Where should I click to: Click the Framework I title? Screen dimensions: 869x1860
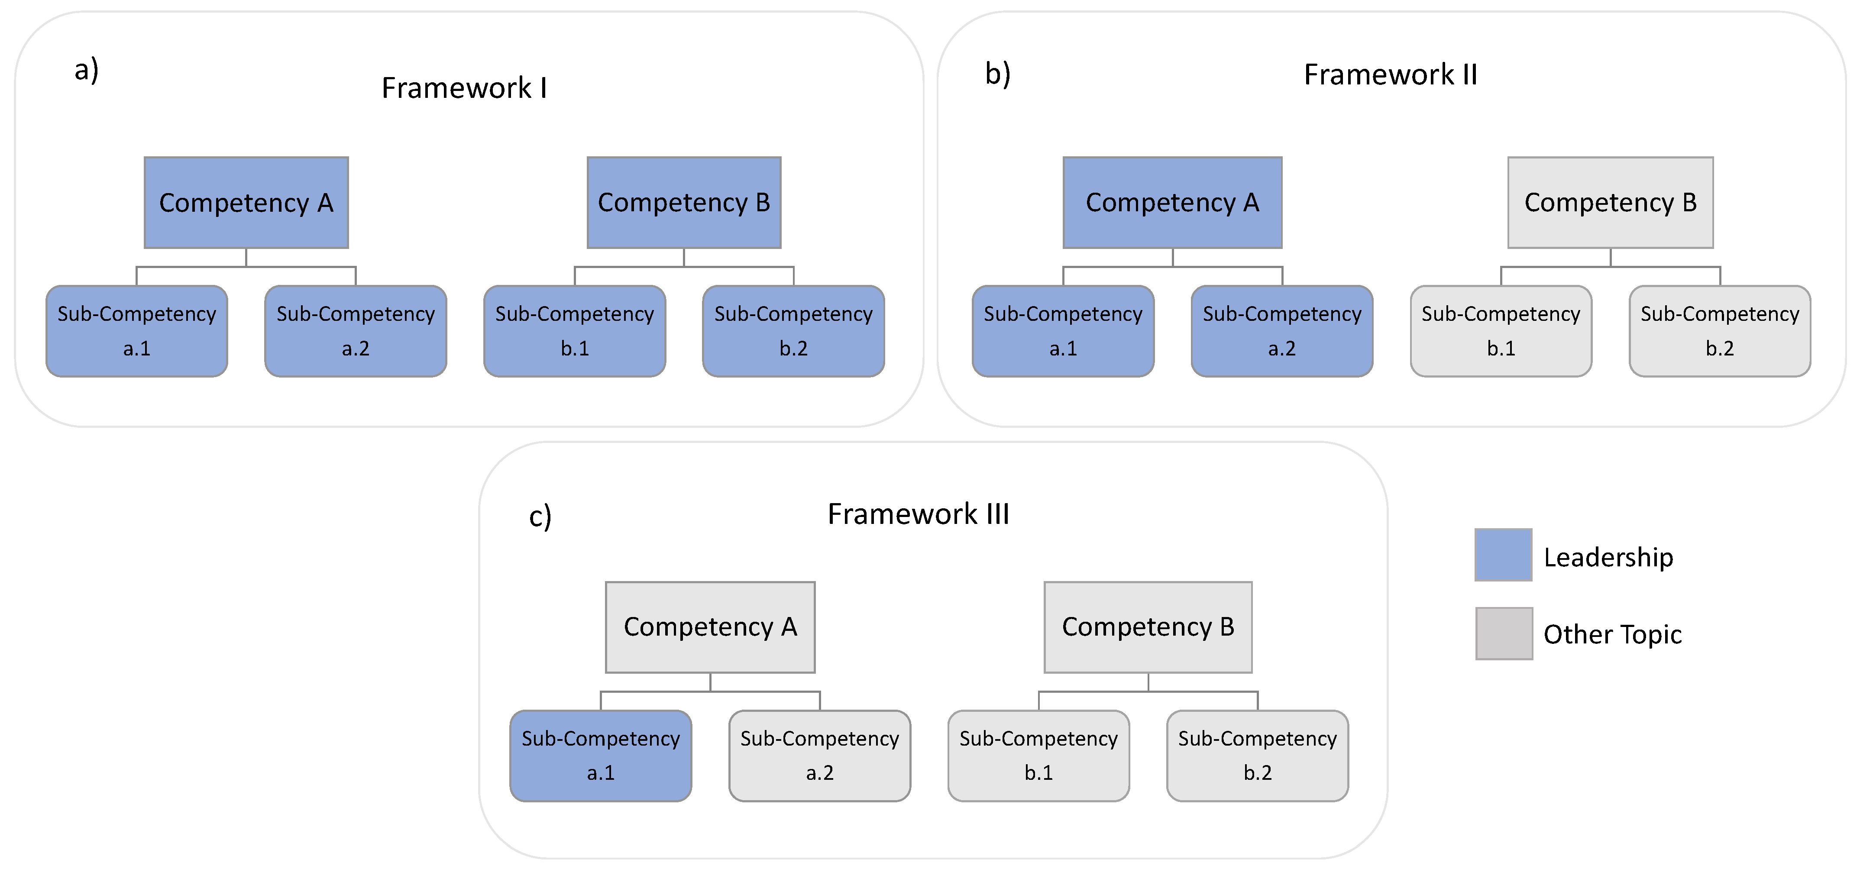tap(463, 88)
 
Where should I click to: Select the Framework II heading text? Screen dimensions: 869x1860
tap(1390, 74)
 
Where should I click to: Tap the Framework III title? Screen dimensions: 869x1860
tap(918, 514)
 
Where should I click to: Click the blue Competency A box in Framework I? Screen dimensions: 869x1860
tap(246, 203)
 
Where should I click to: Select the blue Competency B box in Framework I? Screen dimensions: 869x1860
tap(684, 203)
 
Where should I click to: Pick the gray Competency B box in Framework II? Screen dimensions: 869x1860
tap(1610, 203)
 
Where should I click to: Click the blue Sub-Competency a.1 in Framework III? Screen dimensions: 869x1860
tap(601, 756)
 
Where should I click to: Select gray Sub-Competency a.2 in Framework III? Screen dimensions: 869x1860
tap(819, 756)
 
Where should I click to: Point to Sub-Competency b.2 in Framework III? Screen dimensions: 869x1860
tap(1257, 756)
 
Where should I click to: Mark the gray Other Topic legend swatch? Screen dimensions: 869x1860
tap(1503, 633)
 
